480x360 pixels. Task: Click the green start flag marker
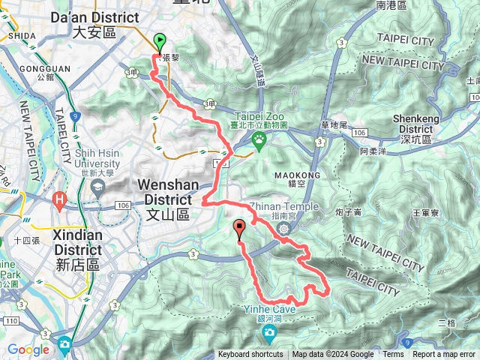159,42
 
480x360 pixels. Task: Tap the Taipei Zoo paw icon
259,139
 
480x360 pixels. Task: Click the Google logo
28,349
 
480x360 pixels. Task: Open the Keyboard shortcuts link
250,355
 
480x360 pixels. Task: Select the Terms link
393,355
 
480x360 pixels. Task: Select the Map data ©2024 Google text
333,355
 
